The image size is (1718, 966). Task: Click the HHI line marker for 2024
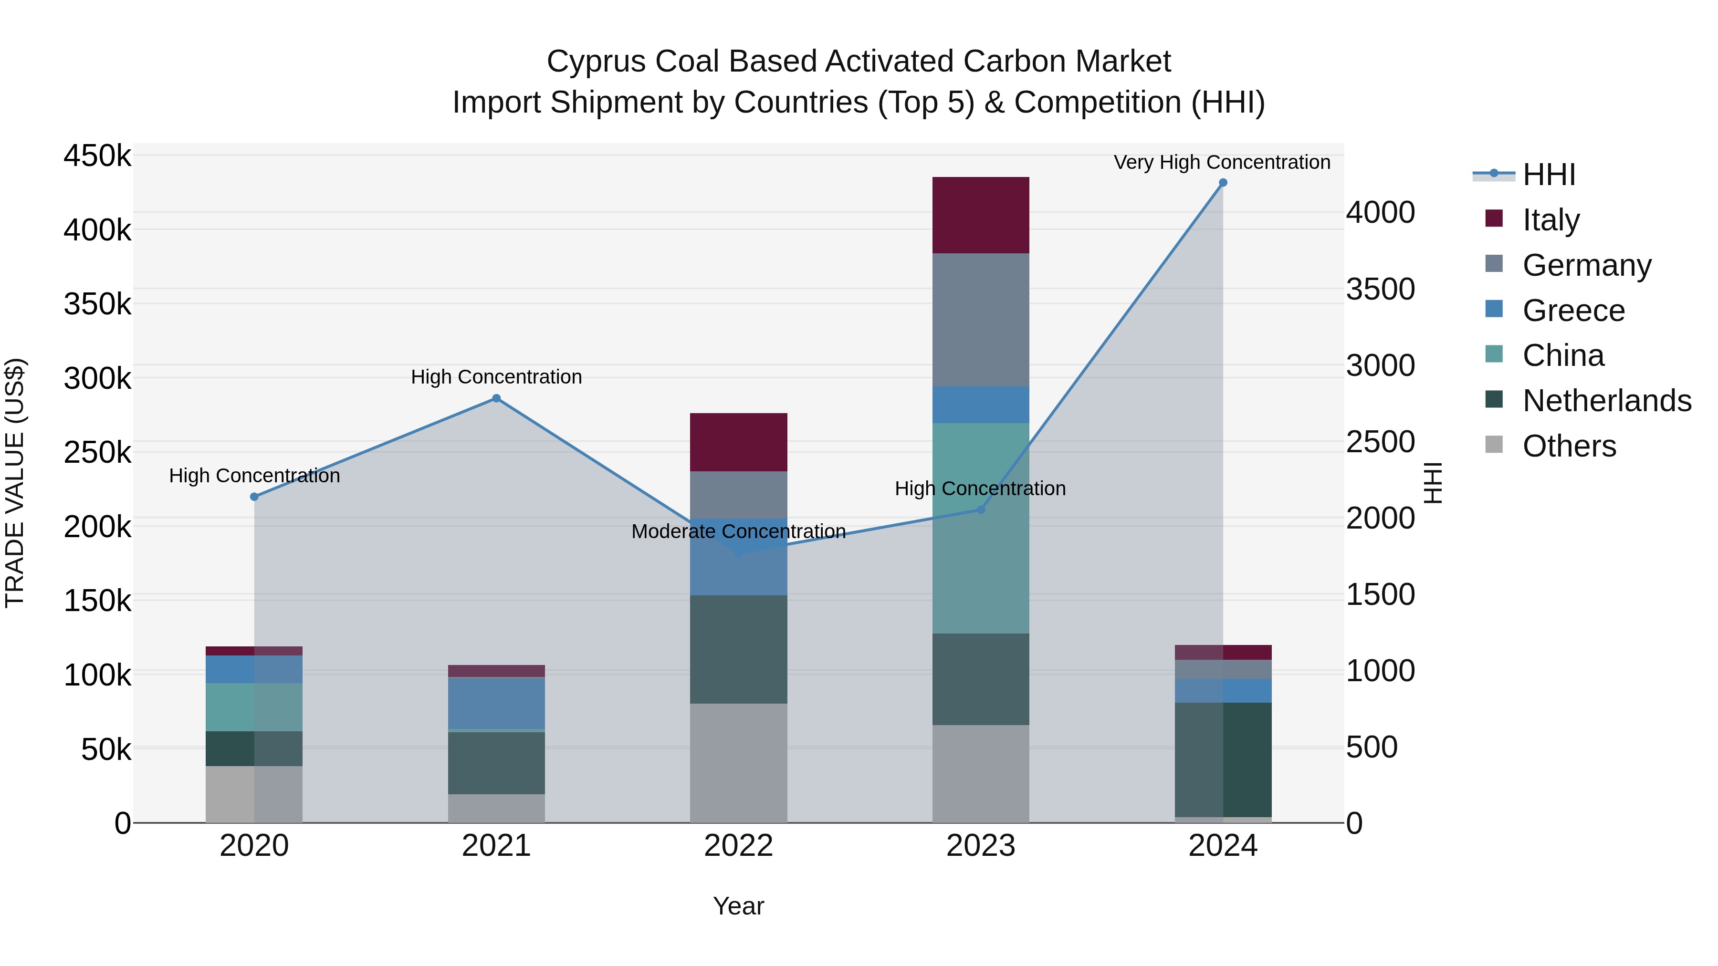point(1223,183)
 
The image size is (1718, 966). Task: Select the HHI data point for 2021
point(496,399)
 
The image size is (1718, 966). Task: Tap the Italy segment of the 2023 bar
point(980,215)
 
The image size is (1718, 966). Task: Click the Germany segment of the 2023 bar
point(980,320)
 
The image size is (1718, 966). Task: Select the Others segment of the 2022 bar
point(738,763)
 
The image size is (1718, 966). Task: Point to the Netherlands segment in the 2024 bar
point(1223,759)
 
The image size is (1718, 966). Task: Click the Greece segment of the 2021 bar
point(496,703)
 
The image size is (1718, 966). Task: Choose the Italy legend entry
point(1550,220)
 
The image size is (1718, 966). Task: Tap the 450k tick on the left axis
point(97,156)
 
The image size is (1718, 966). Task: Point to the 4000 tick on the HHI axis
point(1380,213)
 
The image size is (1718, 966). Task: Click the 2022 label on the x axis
point(738,846)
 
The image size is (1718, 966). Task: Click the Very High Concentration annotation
point(1222,162)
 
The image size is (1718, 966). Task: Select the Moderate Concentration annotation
point(738,531)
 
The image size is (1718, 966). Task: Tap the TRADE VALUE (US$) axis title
point(15,483)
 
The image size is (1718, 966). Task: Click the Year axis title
point(738,906)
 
